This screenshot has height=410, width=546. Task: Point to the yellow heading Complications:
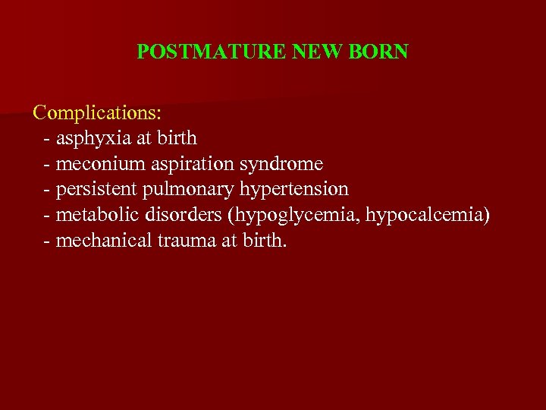point(97,112)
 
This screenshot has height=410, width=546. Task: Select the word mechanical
point(99,241)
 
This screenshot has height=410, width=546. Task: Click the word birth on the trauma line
point(265,241)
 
